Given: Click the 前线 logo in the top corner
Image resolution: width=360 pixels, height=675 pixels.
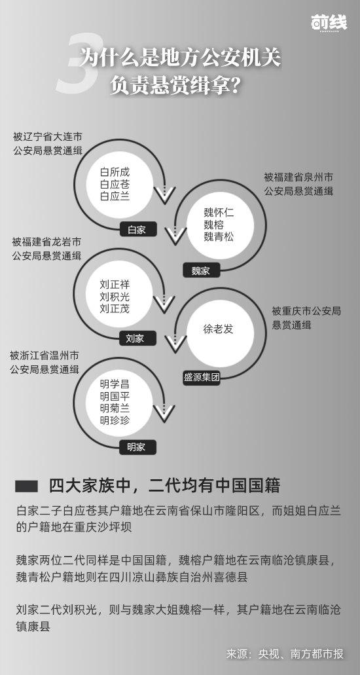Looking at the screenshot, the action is pos(329,22).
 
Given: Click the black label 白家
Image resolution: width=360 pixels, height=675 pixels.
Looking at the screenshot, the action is pos(137,229).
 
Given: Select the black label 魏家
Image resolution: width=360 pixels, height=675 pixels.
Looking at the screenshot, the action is pos(200,270).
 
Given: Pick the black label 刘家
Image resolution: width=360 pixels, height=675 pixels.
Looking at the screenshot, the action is pos(135,338).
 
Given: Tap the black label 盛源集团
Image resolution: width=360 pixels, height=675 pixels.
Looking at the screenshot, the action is pos(202,378).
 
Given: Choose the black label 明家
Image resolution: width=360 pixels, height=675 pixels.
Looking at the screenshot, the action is pos(135,447).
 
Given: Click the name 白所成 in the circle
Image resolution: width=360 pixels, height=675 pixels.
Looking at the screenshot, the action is pos(115,172).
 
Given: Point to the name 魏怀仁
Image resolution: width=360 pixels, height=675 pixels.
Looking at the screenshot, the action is pos(219,212).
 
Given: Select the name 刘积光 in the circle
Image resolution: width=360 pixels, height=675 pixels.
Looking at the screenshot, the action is pos(115,297).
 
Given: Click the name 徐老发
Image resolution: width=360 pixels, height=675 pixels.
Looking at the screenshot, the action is pos(219,329).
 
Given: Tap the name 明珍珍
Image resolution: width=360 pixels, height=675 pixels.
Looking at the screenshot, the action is pos(115,420).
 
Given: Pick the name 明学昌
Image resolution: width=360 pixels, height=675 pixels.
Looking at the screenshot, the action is pos(115,384).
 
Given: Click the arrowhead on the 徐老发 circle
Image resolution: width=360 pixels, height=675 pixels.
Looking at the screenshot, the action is pos(175,343).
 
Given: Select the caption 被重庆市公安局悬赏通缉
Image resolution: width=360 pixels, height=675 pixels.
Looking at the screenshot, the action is pos(306,318).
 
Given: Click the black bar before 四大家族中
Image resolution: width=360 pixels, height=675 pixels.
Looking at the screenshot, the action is pos(26,486).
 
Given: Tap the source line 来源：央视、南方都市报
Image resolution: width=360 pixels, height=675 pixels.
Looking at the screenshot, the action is pos(285,653).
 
